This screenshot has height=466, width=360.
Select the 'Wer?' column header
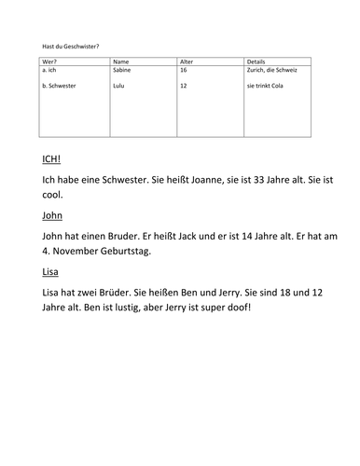pos(50,62)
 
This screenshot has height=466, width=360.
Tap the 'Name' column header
pos(121,62)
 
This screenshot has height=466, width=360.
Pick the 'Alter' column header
pos(187,62)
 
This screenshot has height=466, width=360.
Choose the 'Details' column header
pos(258,62)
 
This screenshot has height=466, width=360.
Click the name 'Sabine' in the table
pos(123,70)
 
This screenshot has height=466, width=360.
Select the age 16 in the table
pos(183,70)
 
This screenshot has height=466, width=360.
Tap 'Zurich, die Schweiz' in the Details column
pos(275,70)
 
